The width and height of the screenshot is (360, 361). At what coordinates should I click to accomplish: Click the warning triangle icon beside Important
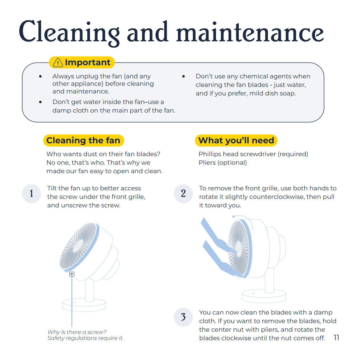click(58, 62)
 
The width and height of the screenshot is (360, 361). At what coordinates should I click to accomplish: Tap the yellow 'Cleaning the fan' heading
click(83, 140)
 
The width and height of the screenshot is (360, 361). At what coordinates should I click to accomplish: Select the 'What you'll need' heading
click(236, 140)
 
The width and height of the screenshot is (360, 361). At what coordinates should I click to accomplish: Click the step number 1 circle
click(32, 193)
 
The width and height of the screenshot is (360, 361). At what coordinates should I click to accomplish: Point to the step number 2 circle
click(183, 193)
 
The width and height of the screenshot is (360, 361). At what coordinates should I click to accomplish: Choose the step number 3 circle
click(183, 317)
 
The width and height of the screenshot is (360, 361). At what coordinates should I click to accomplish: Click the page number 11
click(336, 338)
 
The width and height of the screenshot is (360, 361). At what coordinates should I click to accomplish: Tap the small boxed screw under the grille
click(72, 274)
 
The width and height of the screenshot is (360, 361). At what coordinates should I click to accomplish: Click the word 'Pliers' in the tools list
click(207, 163)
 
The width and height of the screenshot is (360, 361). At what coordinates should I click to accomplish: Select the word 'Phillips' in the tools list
click(210, 154)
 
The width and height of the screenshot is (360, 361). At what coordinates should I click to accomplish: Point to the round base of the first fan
click(84, 305)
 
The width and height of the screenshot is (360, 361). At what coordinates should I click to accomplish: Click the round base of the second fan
click(264, 296)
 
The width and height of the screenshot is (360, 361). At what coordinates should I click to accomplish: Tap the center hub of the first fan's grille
click(78, 246)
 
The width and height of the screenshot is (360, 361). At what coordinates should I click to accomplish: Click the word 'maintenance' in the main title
click(250, 32)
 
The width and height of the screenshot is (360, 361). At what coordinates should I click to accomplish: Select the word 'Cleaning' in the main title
click(69, 32)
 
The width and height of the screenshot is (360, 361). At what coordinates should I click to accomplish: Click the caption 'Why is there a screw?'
click(77, 332)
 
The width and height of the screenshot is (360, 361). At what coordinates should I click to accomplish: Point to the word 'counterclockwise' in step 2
click(277, 197)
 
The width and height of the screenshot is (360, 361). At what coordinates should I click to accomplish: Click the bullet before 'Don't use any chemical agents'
click(184, 76)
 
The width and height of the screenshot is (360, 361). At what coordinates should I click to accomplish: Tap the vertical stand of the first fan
click(89, 290)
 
